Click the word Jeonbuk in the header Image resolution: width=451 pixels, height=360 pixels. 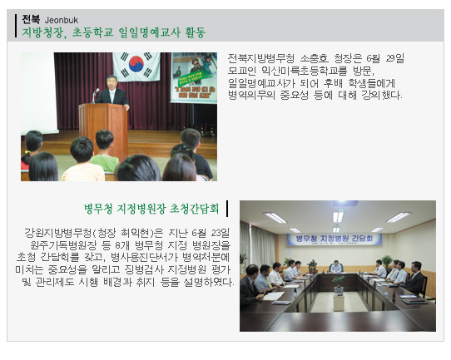(62, 20)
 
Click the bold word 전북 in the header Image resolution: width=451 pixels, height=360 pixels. (31, 19)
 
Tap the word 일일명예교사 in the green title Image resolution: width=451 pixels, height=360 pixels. (150, 32)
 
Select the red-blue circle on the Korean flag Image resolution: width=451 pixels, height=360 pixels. (136, 64)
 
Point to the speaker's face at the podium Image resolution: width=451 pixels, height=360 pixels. (112, 82)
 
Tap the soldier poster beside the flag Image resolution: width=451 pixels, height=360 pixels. (194, 77)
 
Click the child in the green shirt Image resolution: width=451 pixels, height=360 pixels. (105, 150)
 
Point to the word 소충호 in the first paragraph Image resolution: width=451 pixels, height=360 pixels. (314, 58)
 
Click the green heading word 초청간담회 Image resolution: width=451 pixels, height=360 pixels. (194, 209)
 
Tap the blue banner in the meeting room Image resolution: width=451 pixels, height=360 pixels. (335, 239)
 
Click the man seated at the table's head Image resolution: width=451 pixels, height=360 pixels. (335, 266)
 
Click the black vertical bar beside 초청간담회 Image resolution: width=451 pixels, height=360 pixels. (227, 209)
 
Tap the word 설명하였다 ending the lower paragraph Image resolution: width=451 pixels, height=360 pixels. (208, 282)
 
